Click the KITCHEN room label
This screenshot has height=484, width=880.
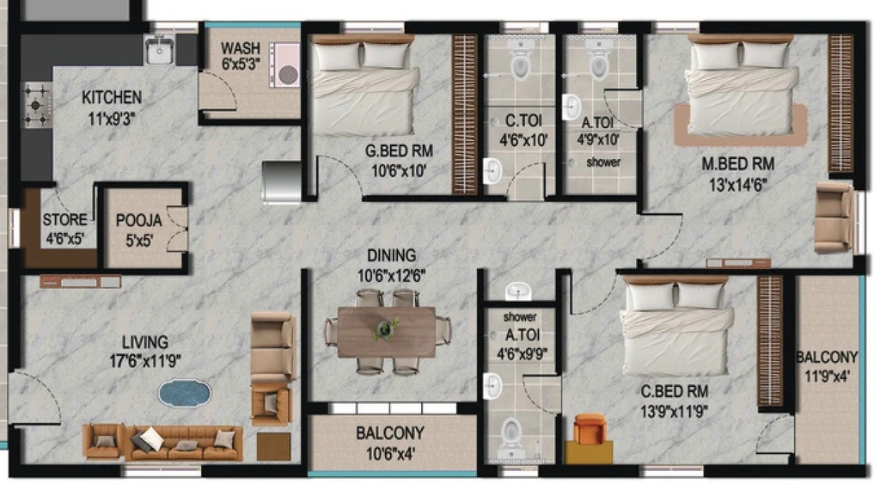(x=111, y=97)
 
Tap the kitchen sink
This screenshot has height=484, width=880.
(x=159, y=51)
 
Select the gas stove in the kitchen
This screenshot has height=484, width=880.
(x=37, y=104)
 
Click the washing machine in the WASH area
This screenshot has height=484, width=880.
(x=285, y=65)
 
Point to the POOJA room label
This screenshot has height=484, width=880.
(x=138, y=221)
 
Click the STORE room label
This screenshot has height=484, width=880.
(x=64, y=220)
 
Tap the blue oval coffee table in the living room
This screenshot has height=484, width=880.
(x=185, y=393)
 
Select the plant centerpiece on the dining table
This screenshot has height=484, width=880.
(x=386, y=328)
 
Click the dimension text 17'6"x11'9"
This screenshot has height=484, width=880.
(x=144, y=360)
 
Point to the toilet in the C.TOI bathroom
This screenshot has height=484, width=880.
(x=521, y=59)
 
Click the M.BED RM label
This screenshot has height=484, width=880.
(x=738, y=164)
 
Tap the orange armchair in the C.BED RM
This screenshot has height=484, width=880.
(x=590, y=430)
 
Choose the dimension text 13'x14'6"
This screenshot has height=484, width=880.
(x=738, y=185)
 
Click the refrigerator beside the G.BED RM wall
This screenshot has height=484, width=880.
(x=282, y=181)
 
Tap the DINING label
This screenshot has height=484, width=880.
(x=391, y=255)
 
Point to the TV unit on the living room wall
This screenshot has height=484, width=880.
(x=80, y=281)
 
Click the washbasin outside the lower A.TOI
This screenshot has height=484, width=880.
(x=518, y=291)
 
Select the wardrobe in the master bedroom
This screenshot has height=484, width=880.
(x=840, y=103)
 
